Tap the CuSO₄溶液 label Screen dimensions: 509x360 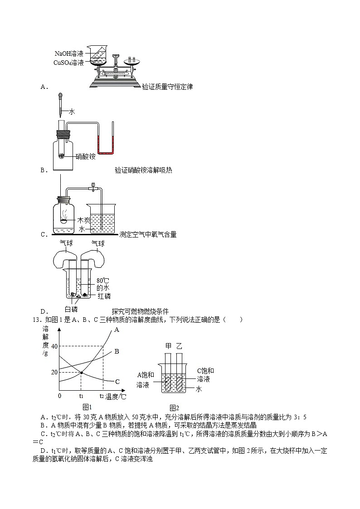68,63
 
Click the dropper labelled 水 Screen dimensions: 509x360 60,104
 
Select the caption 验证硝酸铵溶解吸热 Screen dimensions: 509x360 143,170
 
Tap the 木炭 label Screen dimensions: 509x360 84,220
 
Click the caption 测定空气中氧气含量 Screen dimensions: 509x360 148,234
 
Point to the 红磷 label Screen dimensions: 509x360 104,296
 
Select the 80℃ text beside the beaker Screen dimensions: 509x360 102,280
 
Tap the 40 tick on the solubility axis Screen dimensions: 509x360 55,346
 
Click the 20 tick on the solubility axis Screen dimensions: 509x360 55,372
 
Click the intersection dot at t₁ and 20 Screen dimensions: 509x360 81,373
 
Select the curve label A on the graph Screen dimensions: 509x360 117,330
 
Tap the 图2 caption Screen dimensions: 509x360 174,407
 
